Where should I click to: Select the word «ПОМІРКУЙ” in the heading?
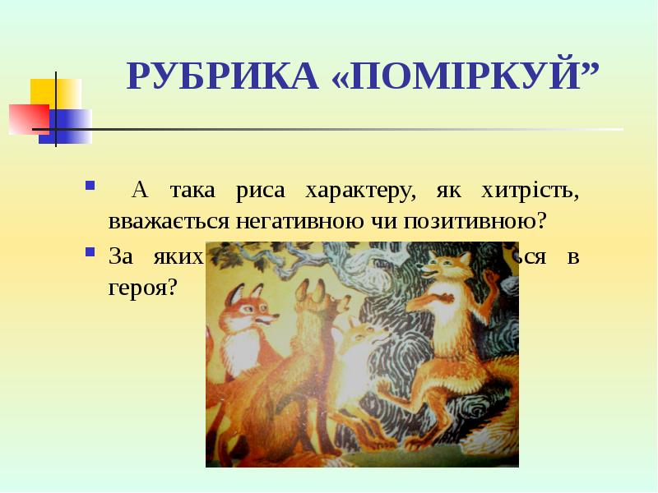point(465,76)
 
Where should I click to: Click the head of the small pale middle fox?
point(362,337)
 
